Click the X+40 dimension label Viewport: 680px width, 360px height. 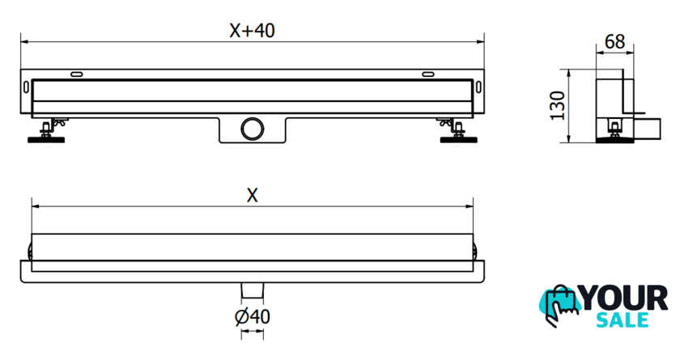click(252, 30)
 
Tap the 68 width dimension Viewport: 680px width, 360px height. click(615, 41)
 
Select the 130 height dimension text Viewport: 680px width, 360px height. click(557, 106)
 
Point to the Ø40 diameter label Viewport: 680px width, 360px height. click(253, 316)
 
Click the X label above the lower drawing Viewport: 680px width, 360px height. click(252, 196)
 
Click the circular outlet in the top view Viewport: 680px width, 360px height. click(253, 129)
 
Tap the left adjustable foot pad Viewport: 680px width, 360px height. click(46, 139)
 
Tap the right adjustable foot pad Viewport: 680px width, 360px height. click(458, 139)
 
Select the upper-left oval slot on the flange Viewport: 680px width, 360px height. click(77, 74)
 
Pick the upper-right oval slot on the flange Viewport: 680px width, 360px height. click(428, 74)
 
